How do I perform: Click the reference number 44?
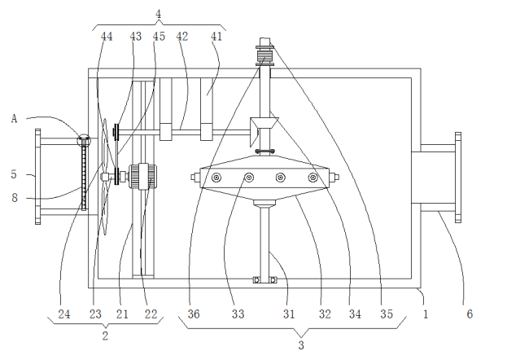click(x=107, y=37)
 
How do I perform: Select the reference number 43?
click(x=135, y=37)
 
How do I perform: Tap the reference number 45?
click(x=159, y=37)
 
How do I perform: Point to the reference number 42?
click(x=182, y=37)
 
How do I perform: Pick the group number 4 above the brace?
click(x=158, y=13)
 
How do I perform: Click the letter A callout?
click(x=14, y=118)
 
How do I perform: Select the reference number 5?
click(x=13, y=173)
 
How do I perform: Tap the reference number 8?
click(x=13, y=196)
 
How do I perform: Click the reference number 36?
click(x=194, y=313)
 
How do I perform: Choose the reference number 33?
click(x=238, y=313)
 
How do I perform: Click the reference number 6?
click(x=468, y=313)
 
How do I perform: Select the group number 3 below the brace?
click(x=300, y=345)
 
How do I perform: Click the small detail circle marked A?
click(x=83, y=140)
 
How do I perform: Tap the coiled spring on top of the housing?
click(x=265, y=56)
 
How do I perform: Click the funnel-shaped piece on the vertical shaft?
click(x=264, y=127)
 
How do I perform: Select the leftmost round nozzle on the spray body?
click(x=216, y=178)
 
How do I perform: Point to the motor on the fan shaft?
click(x=147, y=176)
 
